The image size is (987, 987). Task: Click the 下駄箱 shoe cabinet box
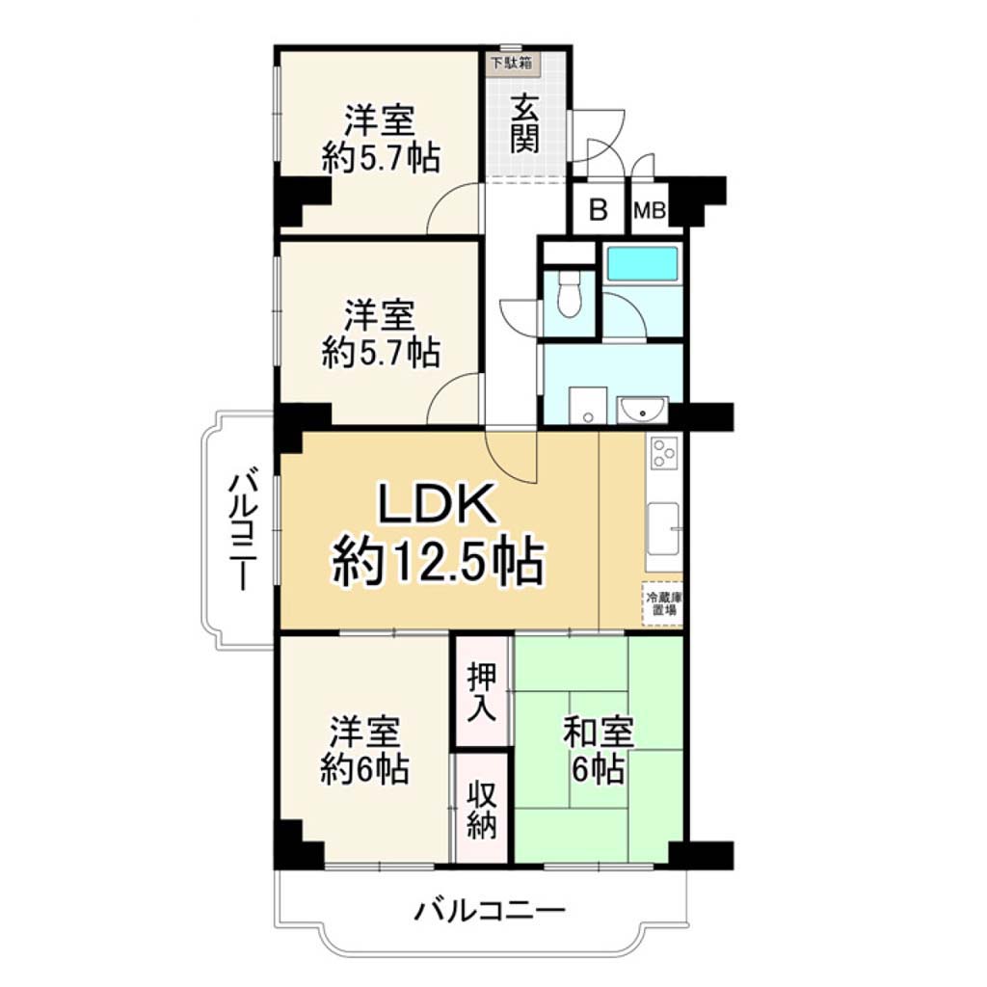pos(512,64)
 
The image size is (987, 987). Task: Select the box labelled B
pos(598,209)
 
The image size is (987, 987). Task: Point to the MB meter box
pos(650,209)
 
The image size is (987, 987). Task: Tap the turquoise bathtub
pos(641,263)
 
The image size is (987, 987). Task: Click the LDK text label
pos(437,503)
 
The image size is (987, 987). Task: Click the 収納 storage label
pos(482,809)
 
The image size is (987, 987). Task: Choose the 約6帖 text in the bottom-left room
pos(365,768)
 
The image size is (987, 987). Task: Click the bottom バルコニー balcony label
pos(489,911)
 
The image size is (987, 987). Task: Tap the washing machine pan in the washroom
pos(588,406)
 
